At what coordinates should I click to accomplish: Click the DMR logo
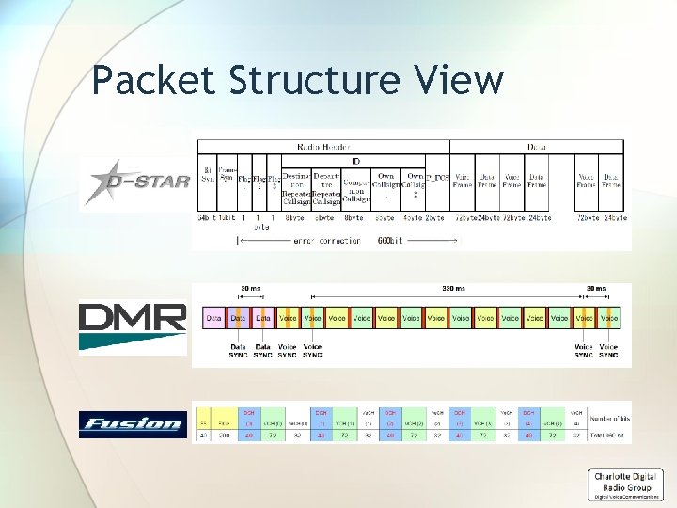133,325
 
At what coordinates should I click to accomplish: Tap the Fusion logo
132,422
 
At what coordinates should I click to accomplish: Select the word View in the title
467,81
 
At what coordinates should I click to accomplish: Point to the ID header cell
355,161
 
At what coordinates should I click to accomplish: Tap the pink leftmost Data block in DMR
214,319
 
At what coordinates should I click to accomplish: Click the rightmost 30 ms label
596,289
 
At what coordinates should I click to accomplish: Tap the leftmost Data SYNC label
238,351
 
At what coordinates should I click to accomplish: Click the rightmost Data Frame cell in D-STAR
611,182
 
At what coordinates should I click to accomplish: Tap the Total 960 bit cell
606,436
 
